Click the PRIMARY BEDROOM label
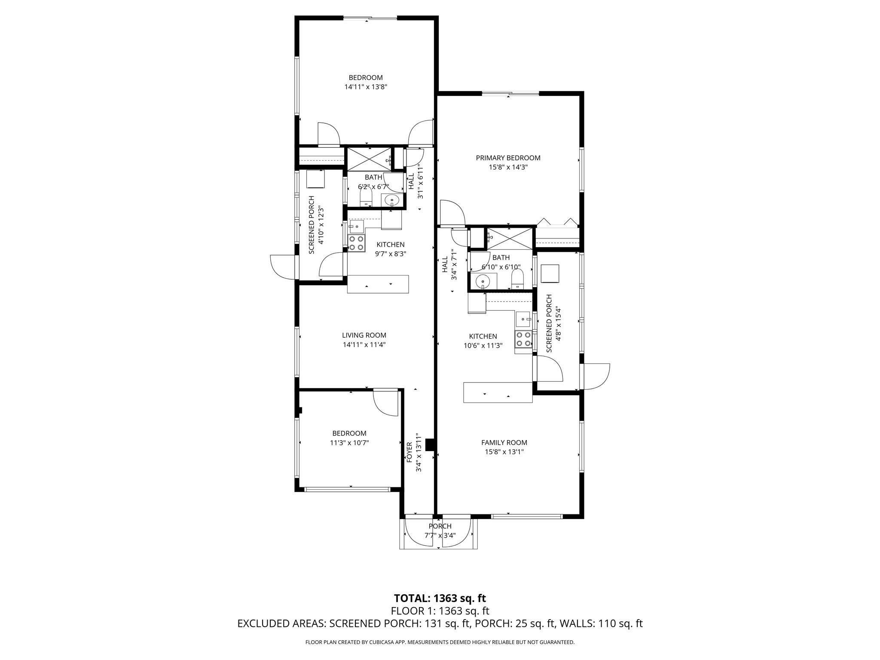pyautogui.click(x=508, y=158)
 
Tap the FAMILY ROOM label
pyautogui.click(x=504, y=443)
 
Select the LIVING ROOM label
pyautogui.click(x=364, y=335)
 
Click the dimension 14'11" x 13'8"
pyautogui.click(x=366, y=87)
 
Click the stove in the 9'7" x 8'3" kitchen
pyautogui.click(x=356, y=243)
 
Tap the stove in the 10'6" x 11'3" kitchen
pyautogui.click(x=523, y=339)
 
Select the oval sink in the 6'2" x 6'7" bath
pyautogui.click(x=391, y=200)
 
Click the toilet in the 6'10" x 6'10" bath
pyautogui.click(x=517, y=280)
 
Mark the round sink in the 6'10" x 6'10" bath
pyautogui.click(x=483, y=282)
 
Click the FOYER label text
pyautogui.click(x=409, y=452)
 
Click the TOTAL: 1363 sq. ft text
pyautogui.click(x=440, y=598)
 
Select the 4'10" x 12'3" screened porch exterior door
pyautogui.click(x=283, y=267)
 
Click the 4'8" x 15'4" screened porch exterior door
pyautogui.click(x=596, y=376)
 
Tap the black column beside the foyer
pyautogui.click(x=430, y=445)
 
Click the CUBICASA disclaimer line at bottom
pyautogui.click(x=440, y=642)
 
